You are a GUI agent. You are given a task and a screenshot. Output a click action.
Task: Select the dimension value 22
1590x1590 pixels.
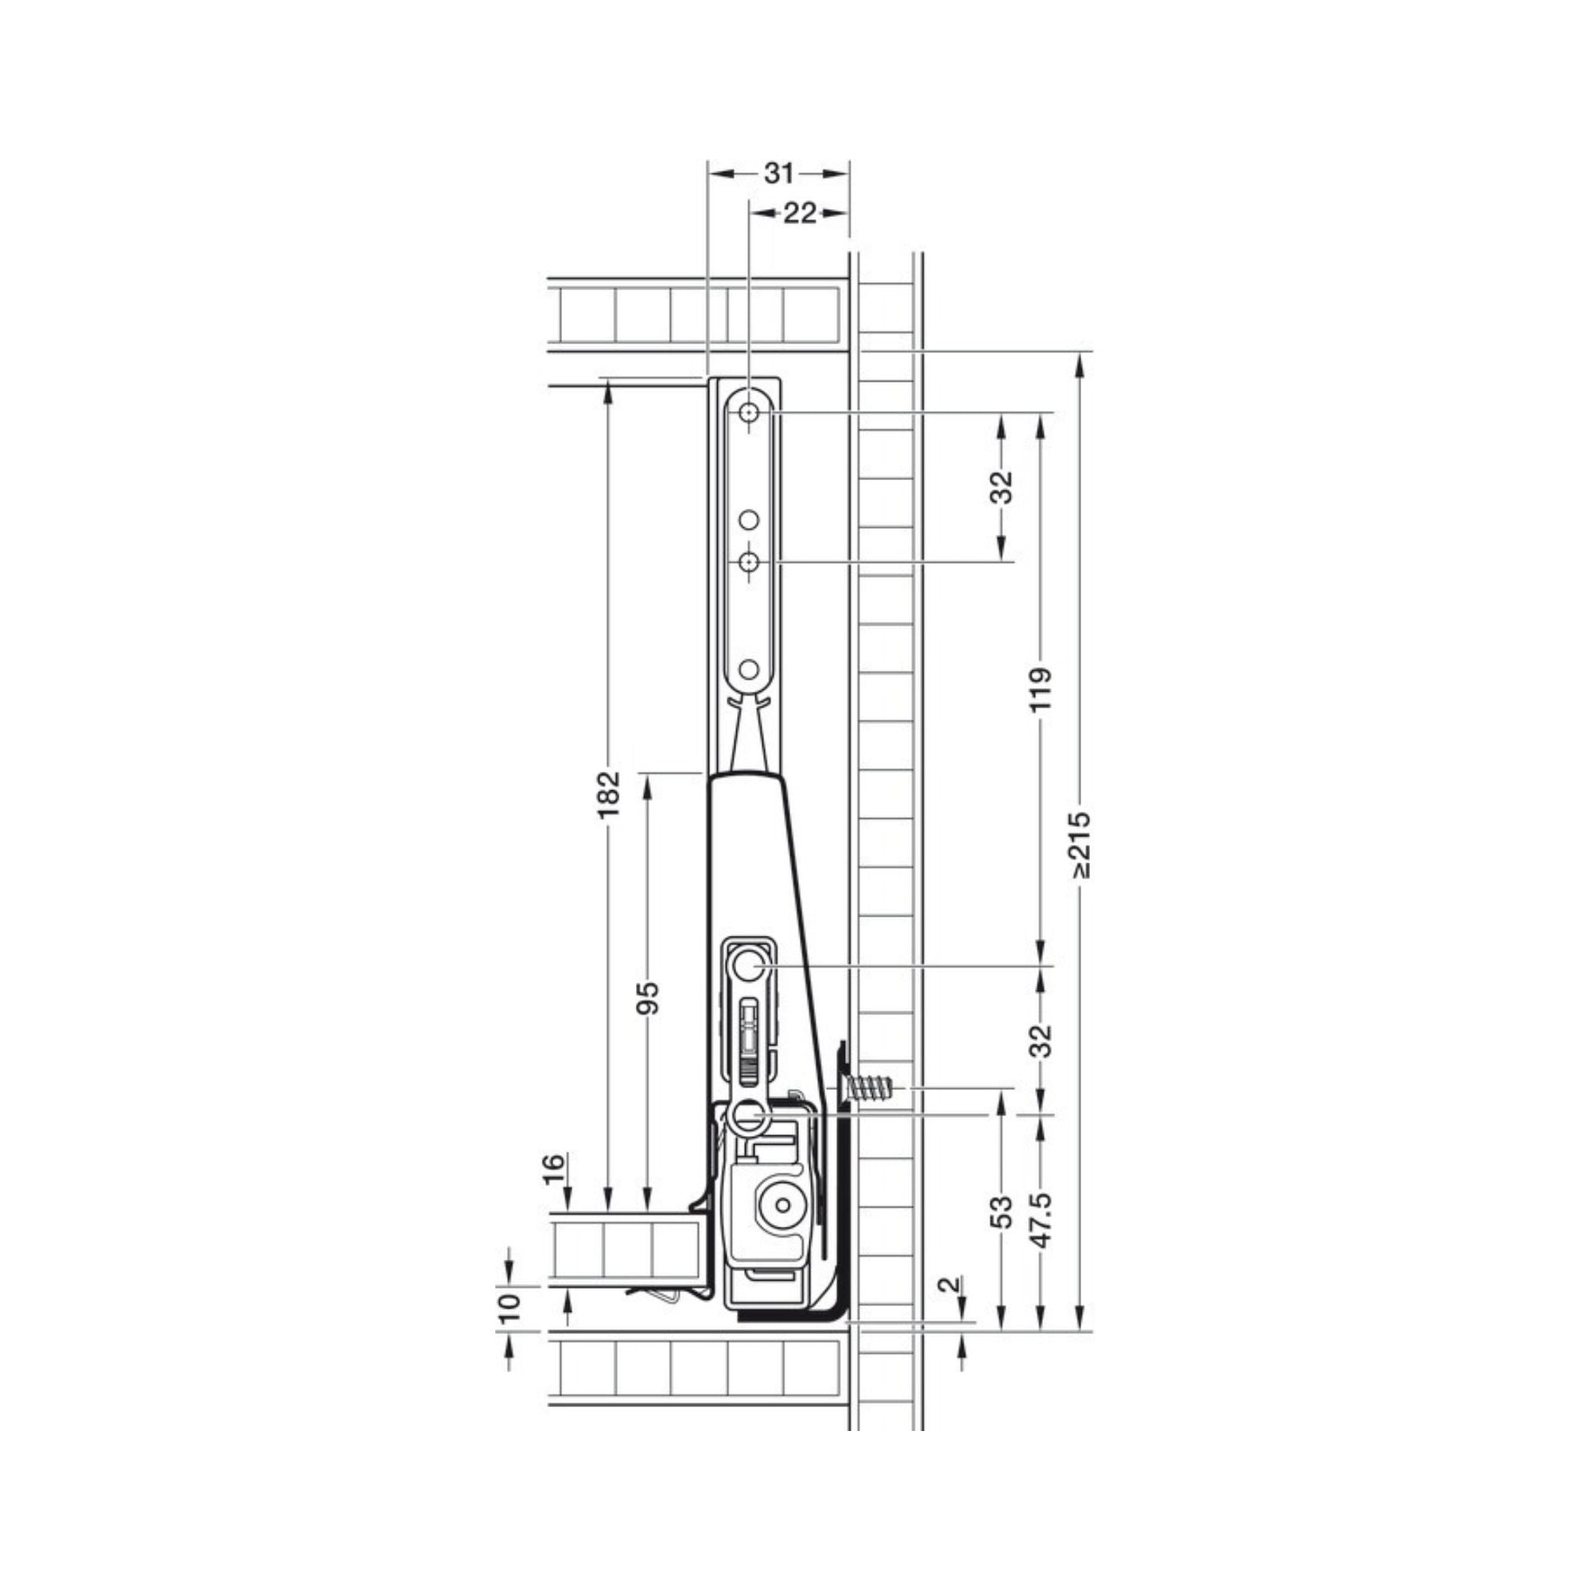pyautogui.click(x=799, y=213)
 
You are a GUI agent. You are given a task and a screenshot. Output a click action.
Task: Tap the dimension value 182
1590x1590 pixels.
pyautogui.click(x=608, y=795)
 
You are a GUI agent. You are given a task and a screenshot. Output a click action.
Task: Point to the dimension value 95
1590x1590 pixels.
pyautogui.click(x=650, y=999)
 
